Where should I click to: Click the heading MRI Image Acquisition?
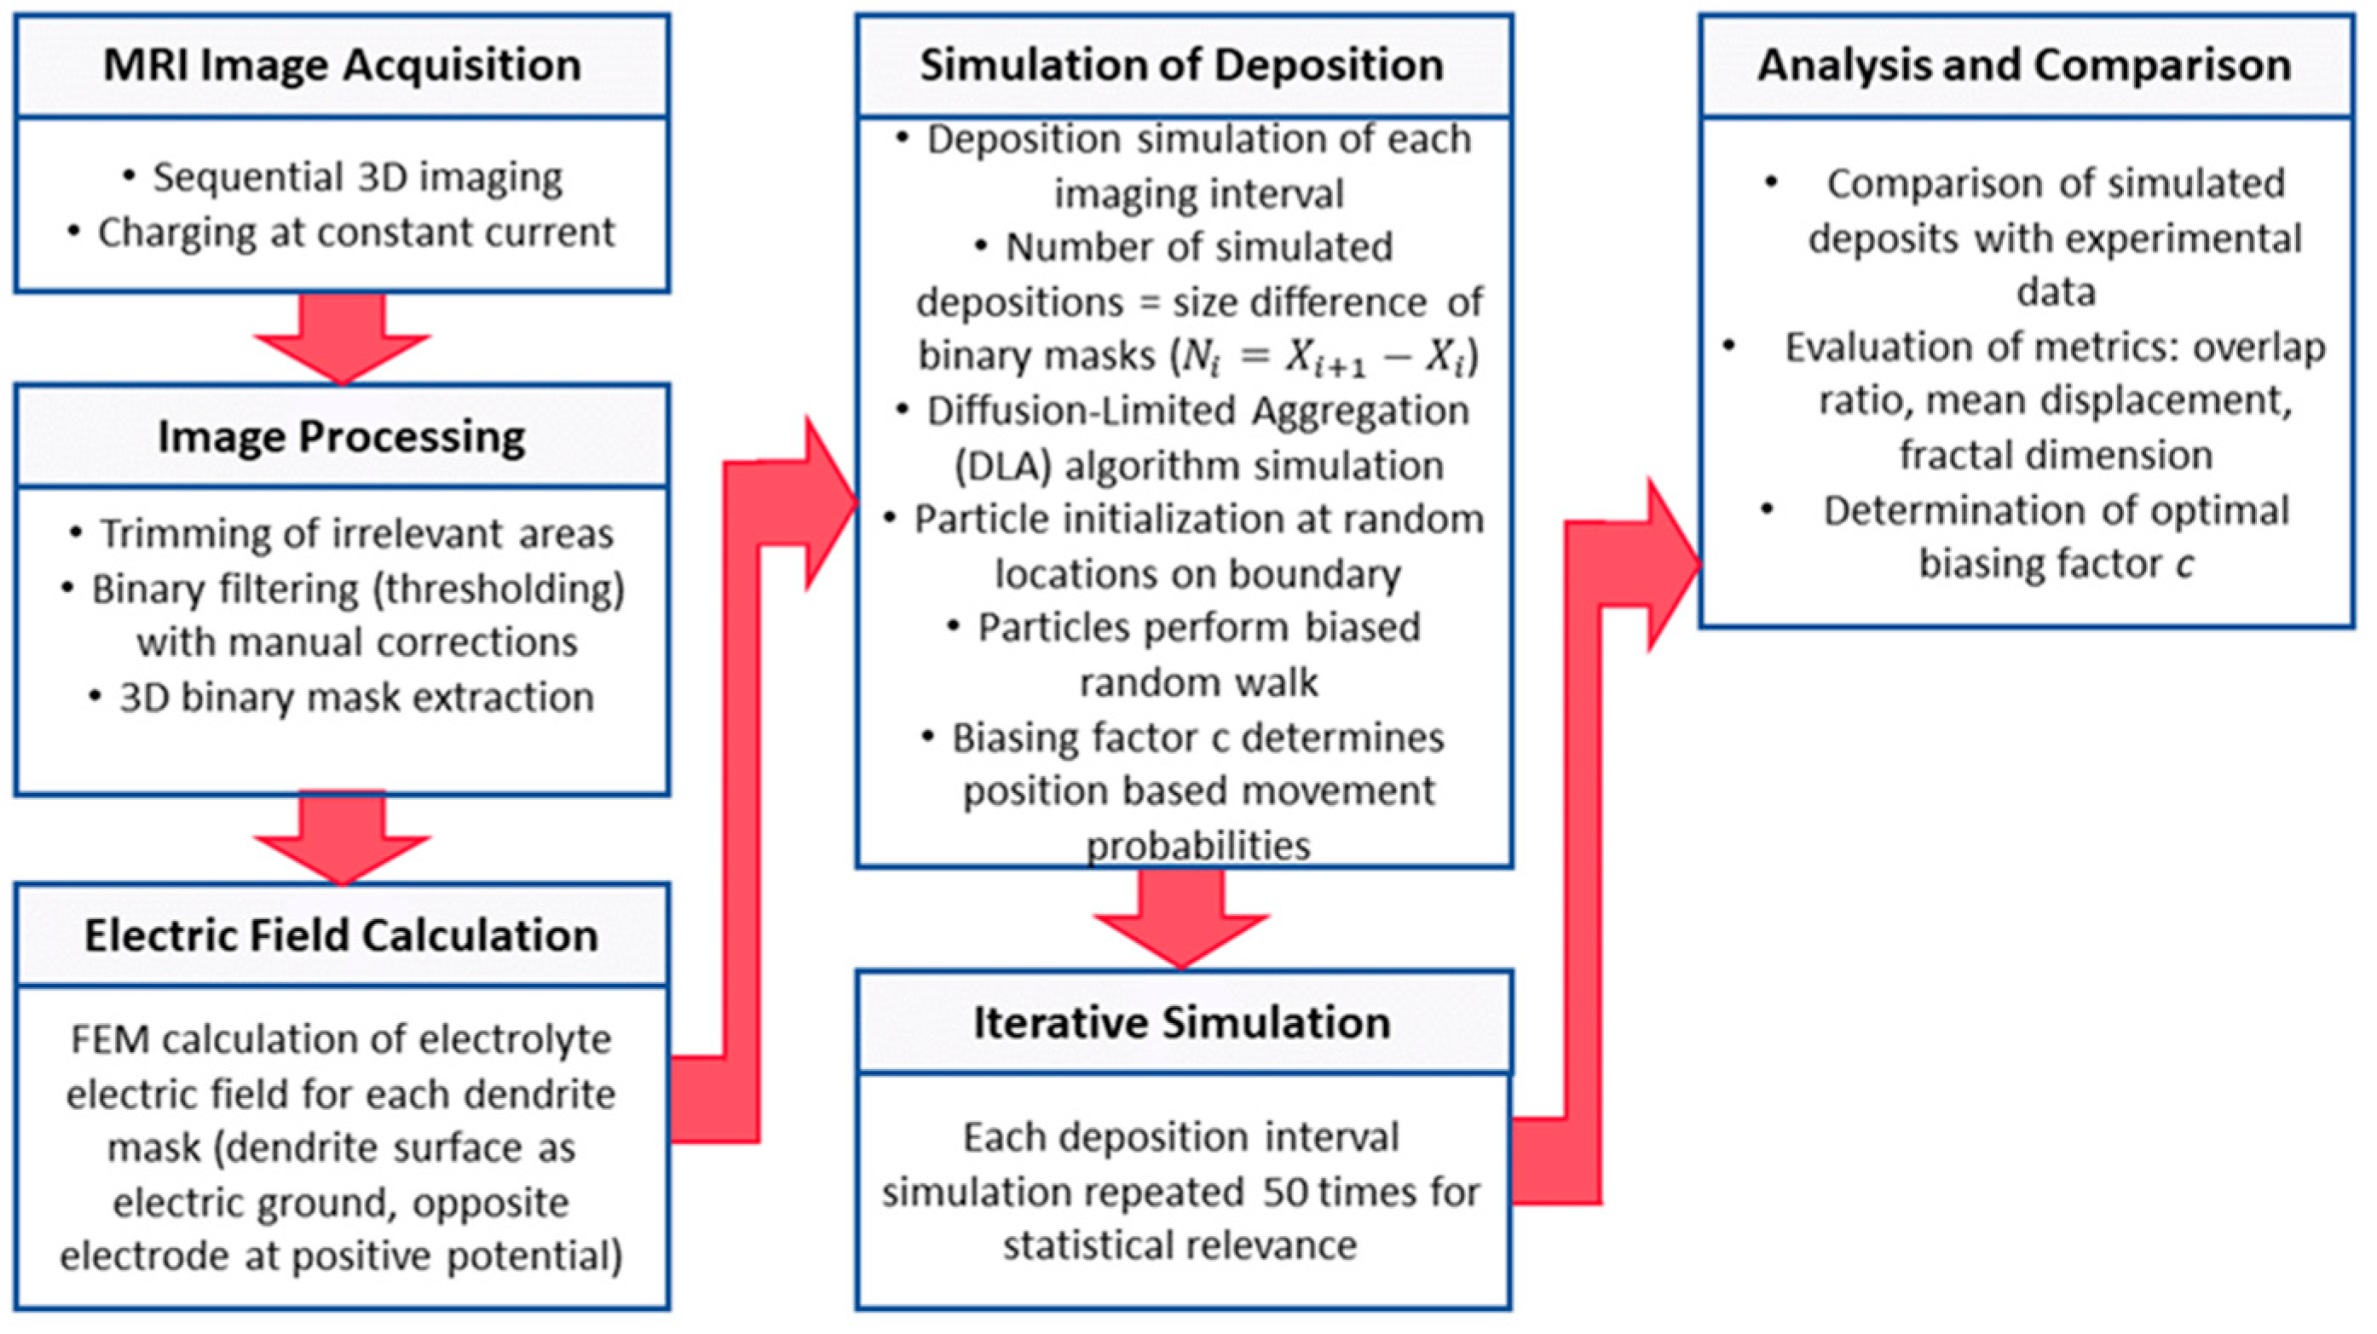coord(343,66)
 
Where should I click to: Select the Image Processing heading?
coord(342,436)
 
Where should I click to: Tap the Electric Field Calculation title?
coord(342,935)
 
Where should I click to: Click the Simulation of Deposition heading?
coord(1182,66)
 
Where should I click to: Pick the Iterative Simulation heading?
coord(1182,1023)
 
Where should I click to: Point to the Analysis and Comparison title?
coord(2024,66)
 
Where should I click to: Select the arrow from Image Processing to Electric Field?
coord(343,837)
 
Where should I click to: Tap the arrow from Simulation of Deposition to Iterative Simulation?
coord(1182,918)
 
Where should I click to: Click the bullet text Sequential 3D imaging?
coord(357,177)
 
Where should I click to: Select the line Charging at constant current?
coord(356,233)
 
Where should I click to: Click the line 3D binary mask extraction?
coord(356,698)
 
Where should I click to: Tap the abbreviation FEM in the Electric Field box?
coord(110,1041)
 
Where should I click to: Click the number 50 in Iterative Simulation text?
coord(1286,1192)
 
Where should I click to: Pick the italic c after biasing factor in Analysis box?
coord(2184,564)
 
